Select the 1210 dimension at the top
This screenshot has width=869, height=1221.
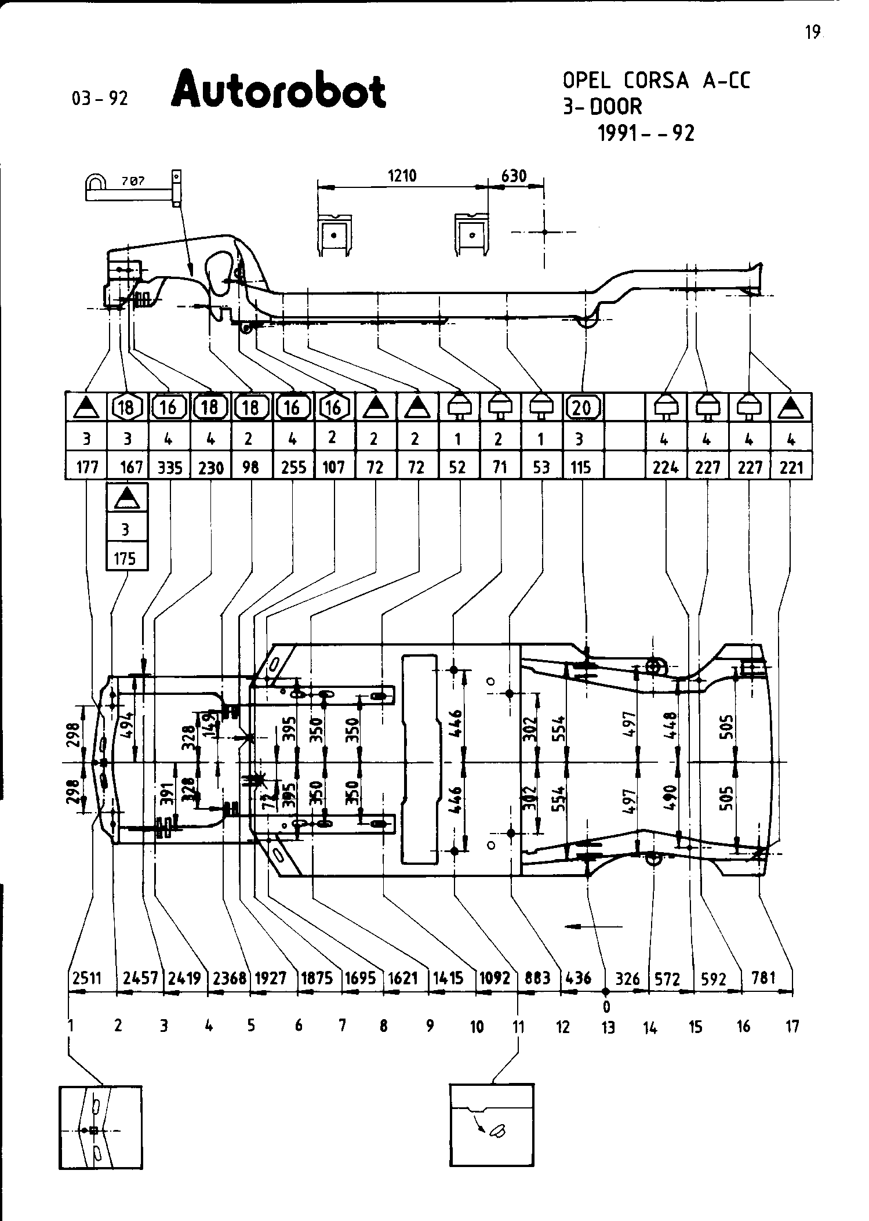(x=402, y=176)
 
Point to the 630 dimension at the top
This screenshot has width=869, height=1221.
(x=514, y=176)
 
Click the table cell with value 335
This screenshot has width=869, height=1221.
(x=170, y=468)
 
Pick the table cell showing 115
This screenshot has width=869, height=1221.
(x=581, y=468)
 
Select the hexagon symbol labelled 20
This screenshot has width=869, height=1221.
(x=583, y=408)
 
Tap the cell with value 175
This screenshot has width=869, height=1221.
(x=125, y=558)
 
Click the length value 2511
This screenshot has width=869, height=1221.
(x=87, y=979)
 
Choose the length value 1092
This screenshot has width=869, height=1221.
(x=494, y=979)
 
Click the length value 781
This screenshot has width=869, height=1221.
(x=763, y=978)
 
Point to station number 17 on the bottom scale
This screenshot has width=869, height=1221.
(x=792, y=1027)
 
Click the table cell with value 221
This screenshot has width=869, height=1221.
(x=791, y=468)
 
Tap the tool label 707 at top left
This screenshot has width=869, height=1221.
(x=133, y=182)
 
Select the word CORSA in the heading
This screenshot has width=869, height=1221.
(x=657, y=81)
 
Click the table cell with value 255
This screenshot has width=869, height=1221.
(x=293, y=468)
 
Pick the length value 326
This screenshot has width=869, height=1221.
(x=627, y=979)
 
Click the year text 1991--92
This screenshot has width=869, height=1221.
(x=646, y=134)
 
